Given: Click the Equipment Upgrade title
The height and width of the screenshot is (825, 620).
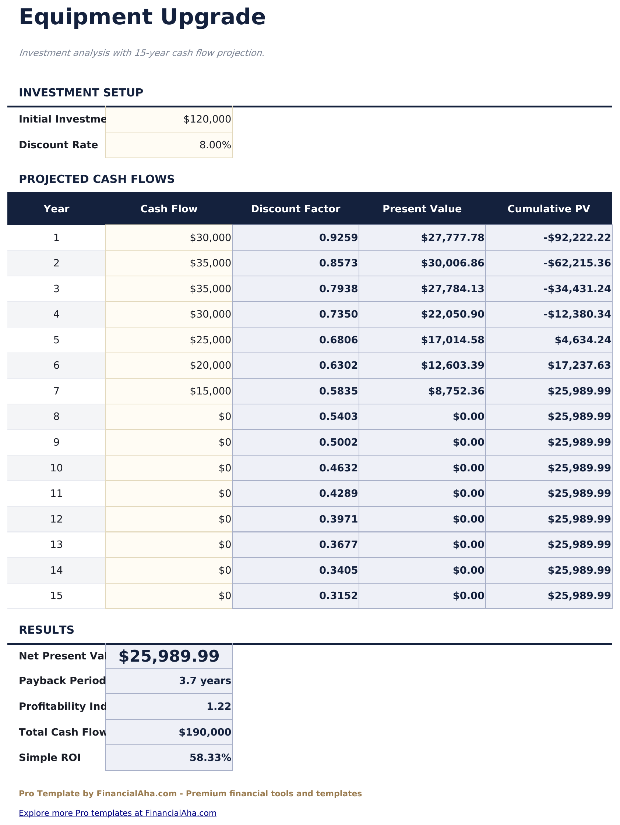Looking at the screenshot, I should pos(142,18).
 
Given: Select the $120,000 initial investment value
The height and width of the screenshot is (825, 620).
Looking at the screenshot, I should pos(207,119).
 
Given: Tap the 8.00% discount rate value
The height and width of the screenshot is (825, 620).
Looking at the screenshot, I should pos(215,145).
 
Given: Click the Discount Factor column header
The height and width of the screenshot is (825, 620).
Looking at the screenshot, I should pos(295,209).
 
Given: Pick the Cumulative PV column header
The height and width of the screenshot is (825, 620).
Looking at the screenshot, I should pos(548,209).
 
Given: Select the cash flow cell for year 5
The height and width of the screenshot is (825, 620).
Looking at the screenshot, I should pos(210,340).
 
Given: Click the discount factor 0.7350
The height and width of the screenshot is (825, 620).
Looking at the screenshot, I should pos(338,314).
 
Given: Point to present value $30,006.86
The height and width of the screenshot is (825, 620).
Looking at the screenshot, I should pos(452,263).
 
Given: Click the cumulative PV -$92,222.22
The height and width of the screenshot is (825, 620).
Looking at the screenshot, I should pos(577,238).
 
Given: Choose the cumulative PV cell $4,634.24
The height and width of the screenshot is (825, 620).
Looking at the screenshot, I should pos(582,340).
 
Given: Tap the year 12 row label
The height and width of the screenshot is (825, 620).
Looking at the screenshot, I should pos(56,519).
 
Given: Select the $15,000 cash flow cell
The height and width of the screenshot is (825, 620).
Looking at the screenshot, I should pos(210,391).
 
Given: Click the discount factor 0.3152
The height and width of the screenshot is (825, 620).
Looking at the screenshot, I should pos(338,596).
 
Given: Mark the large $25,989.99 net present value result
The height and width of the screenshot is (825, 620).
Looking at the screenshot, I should pos(169,656).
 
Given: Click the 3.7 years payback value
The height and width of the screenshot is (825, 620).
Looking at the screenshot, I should pos(205,681).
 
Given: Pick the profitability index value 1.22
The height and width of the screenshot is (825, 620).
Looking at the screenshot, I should pos(219,707).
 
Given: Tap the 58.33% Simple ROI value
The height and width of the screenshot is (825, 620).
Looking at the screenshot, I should pos(210,758).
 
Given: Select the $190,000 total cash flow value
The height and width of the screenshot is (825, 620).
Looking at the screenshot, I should pos(205,733).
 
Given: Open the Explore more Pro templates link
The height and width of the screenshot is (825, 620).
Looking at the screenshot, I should pos(117,813).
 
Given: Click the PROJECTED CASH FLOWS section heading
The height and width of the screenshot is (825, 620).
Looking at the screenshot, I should pos(97,180).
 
